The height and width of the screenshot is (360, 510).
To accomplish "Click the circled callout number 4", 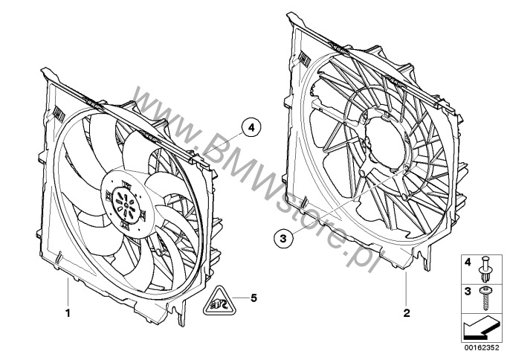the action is [251, 128].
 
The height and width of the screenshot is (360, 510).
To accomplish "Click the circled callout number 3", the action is [283, 239].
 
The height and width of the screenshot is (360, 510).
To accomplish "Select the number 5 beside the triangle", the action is [254, 298].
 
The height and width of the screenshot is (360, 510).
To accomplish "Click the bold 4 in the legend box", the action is [468, 262].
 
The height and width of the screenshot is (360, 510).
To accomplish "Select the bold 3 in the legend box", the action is [468, 292].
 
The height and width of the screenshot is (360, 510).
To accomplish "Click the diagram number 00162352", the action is [482, 347].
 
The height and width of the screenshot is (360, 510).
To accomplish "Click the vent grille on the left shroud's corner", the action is [58, 114].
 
